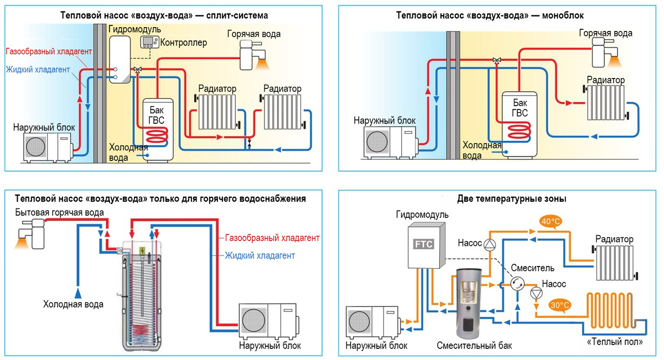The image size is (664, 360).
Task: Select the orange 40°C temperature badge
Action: [x=551, y=222]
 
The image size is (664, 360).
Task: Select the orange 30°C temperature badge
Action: [x=559, y=305]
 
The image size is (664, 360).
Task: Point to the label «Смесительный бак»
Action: [x=474, y=346]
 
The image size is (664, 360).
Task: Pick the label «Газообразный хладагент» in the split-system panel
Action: [x=49, y=51]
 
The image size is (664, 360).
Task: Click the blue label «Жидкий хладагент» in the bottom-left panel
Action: [x=260, y=255]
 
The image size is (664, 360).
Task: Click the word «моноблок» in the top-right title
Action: [x=559, y=15]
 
